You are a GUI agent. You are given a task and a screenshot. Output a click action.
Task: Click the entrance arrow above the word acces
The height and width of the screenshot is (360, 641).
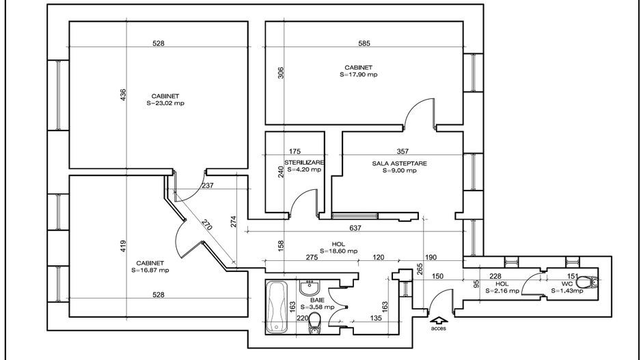(x=438, y=321)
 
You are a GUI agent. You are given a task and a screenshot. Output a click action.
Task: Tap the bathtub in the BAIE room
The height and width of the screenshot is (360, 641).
(x=277, y=307)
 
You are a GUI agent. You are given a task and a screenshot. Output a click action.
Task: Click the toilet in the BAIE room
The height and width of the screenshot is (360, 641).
(x=315, y=323)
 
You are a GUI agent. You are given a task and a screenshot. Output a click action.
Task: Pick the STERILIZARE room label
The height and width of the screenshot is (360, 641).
(x=305, y=162)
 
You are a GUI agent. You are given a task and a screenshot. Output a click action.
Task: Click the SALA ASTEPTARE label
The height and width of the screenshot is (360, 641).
(x=399, y=163)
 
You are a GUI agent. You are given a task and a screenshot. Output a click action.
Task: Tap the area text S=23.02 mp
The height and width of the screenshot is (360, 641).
(x=165, y=103)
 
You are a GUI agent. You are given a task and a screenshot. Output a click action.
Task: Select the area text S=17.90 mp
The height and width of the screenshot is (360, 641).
(x=359, y=74)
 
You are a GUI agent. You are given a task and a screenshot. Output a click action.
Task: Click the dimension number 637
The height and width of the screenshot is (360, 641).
(x=355, y=228)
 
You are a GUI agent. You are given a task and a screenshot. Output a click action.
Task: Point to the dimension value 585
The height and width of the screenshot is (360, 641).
(x=364, y=43)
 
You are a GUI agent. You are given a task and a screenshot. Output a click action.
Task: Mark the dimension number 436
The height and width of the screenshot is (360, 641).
(x=123, y=95)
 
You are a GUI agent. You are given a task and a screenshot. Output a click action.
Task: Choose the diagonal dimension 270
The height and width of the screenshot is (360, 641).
(x=207, y=225)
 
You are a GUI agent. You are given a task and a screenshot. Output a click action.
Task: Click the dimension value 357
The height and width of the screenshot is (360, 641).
(x=403, y=151)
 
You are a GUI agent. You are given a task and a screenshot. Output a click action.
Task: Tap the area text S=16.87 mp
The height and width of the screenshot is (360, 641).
(x=150, y=270)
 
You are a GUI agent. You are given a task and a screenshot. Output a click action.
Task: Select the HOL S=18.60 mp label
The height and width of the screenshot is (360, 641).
(x=338, y=247)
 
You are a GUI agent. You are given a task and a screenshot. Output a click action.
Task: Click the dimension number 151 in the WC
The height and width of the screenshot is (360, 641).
(x=573, y=277)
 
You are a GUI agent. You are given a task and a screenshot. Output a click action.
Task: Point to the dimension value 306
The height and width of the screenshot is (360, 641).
(x=280, y=72)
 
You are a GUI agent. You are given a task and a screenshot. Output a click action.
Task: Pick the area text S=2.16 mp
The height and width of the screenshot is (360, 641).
(x=502, y=291)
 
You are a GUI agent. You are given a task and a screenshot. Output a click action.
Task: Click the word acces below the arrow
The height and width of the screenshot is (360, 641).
(x=438, y=328)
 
